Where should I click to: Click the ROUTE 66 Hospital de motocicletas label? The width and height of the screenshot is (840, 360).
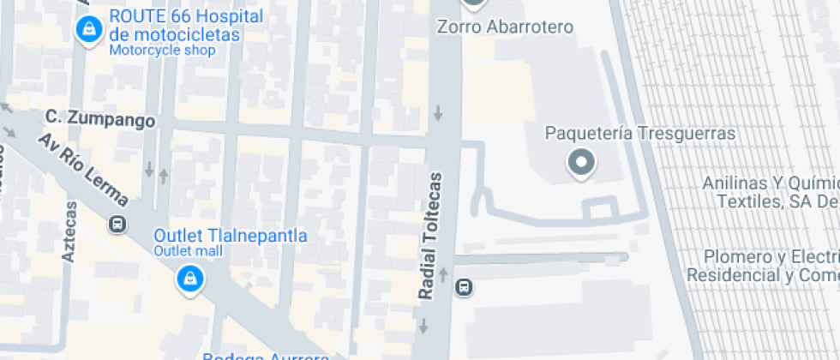(x=175, y=26)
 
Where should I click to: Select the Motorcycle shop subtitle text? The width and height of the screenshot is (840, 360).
(x=162, y=50)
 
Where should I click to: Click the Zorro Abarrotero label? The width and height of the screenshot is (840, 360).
(x=505, y=27)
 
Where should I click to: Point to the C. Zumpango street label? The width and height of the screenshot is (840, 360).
(x=101, y=118)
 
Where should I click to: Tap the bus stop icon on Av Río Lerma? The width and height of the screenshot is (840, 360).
(x=117, y=225)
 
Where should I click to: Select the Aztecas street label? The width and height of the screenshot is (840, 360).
(x=69, y=231)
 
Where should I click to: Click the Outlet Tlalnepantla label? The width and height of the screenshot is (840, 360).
(x=230, y=235)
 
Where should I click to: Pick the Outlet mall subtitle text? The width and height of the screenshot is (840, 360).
(x=188, y=251)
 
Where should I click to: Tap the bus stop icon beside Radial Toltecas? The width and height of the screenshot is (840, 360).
(x=464, y=286)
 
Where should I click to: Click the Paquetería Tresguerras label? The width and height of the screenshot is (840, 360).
(x=641, y=134)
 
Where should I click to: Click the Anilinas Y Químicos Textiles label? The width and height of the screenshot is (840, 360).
(x=770, y=192)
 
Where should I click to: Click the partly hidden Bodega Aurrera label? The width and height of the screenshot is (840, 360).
(x=266, y=355)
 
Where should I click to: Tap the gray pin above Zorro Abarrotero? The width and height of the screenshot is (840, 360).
(x=474, y=4)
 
